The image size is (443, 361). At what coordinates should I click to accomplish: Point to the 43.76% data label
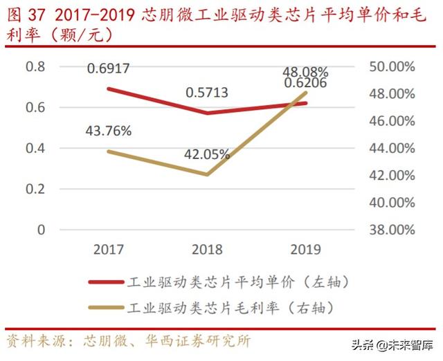click(x=109, y=131)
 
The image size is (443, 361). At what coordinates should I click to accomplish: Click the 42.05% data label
click(x=207, y=155)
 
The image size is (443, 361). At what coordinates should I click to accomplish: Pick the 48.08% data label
click(x=305, y=71)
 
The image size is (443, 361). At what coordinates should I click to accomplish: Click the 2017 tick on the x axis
click(x=109, y=249)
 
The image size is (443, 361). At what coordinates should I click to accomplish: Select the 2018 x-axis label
click(x=207, y=249)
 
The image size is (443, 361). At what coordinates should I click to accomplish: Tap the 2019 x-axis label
click(x=305, y=249)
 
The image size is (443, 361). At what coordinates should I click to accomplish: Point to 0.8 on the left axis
click(x=35, y=66)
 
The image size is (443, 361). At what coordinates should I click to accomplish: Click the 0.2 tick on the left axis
click(x=35, y=189)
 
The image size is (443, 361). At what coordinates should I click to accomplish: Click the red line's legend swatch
click(x=106, y=282)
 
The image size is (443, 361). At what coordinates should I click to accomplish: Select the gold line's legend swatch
click(x=106, y=305)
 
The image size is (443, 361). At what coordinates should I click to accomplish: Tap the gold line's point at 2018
click(x=207, y=174)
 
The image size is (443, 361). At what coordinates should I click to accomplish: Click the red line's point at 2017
click(x=109, y=89)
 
